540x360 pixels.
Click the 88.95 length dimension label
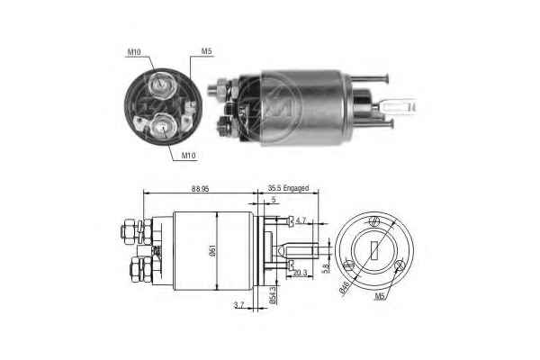coord(201,189)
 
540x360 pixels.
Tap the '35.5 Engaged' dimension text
coord(288,188)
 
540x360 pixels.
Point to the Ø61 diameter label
coord(212,250)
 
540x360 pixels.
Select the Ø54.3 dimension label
coord(273,295)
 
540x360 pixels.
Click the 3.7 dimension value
coord(238,305)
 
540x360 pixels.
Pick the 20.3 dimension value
coord(301,273)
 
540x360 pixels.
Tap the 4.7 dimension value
coord(301,220)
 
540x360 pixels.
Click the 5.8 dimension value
coord(326,266)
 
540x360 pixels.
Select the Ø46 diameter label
coord(344,287)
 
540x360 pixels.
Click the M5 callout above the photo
coord(206,51)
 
